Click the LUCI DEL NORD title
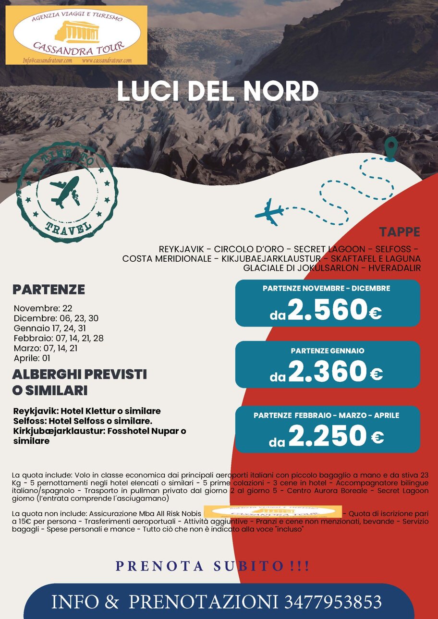pos(218,91)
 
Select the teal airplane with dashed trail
pos(269,212)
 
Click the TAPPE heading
pos(399,232)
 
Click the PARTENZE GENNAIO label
pos(328,351)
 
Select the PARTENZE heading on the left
pos(49,290)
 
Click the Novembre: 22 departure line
pos(43,308)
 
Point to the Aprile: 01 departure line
pos(32,358)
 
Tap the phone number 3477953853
pos(333,602)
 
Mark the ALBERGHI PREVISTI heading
pos(79,374)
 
